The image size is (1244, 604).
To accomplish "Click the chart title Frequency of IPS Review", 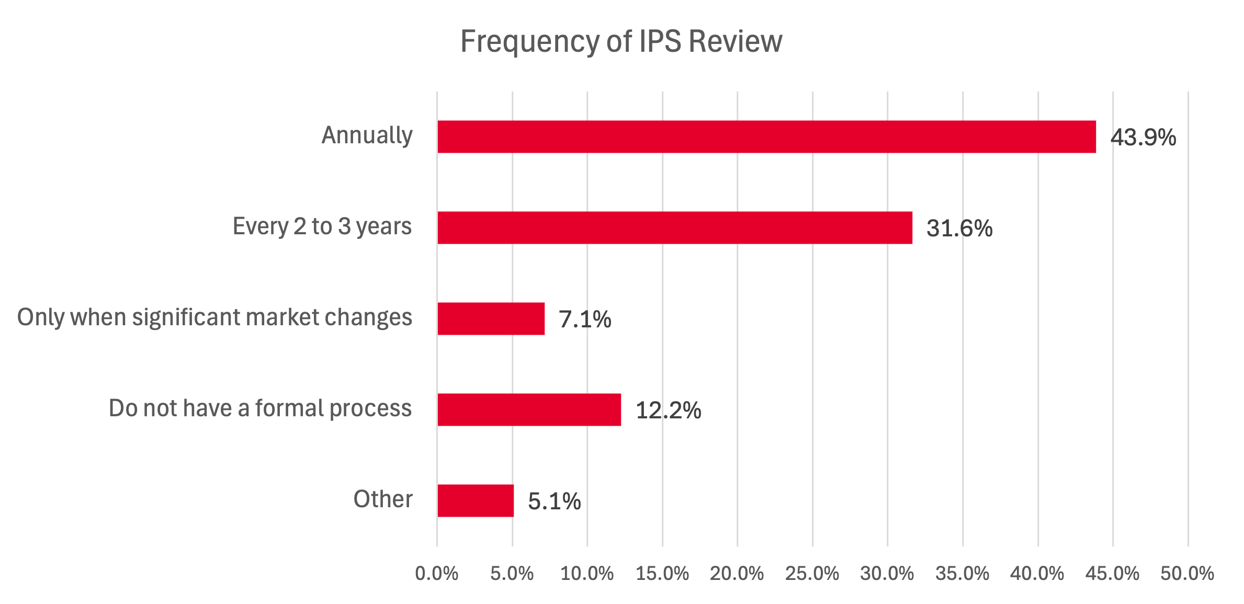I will (621, 41).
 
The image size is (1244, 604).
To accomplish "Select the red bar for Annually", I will (766, 136).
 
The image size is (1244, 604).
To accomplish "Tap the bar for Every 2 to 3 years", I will (675, 227).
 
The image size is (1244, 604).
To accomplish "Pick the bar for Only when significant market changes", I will (491, 318).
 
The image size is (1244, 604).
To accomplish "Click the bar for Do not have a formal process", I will (529, 409).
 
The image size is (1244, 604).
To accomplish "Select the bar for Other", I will (476, 500).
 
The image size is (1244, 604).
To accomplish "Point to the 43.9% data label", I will (1143, 138).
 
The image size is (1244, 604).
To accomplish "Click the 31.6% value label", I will (959, 229).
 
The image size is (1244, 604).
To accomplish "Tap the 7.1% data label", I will (585, 320).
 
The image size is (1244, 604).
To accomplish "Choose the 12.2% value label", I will (668, 411).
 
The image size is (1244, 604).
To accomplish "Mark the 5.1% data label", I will (555, 502).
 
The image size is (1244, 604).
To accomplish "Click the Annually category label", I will (367, 135).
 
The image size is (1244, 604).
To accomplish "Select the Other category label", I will (382, 499).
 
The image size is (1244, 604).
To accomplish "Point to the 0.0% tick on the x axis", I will (437, 574).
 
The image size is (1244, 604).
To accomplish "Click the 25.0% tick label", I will (812, 574).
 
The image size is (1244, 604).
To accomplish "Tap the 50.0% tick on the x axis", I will (1187, 574).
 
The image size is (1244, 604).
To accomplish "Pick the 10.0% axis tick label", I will (587, 574).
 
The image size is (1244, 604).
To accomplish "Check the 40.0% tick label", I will (1037, 574).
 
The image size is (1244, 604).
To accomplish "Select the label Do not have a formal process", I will (260, 408).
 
